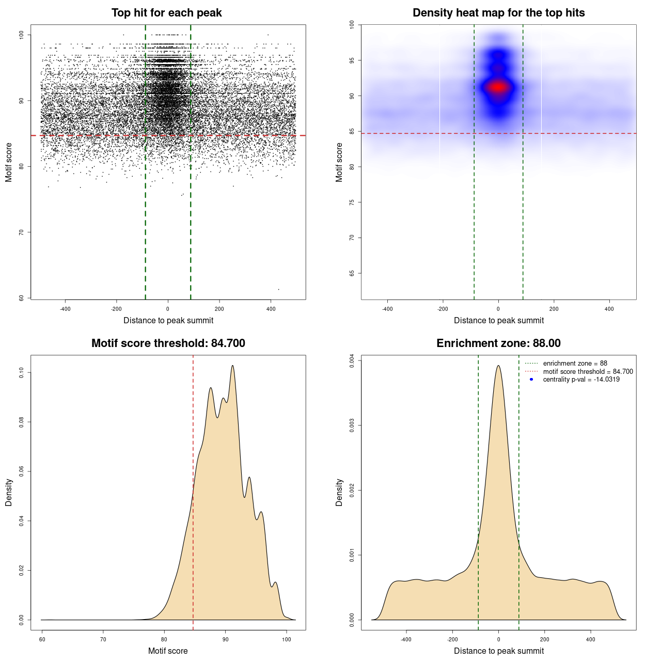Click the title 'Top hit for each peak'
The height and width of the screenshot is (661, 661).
166,13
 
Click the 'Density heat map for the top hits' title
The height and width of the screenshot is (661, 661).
498,13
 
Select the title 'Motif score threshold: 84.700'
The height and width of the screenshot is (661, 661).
168,343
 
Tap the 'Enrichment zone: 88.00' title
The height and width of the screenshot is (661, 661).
498,343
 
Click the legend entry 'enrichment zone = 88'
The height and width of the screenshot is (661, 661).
575,364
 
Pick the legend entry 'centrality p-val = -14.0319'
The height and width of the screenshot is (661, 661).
581,380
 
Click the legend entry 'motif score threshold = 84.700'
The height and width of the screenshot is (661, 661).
588,372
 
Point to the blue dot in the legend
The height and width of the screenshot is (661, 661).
531,380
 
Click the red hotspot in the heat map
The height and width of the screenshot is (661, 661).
498,87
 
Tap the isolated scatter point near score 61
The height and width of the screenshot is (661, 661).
278,289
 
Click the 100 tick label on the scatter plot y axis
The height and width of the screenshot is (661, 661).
22,35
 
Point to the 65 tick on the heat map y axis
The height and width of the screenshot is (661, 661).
352,273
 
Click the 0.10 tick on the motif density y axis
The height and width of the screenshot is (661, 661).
22,372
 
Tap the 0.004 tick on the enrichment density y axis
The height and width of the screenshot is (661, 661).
352,361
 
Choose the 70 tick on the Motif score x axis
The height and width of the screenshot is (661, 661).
103,639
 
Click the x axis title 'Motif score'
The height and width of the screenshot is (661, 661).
168,651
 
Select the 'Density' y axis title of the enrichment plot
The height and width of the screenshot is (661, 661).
339,492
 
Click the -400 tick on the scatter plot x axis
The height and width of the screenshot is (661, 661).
65,309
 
